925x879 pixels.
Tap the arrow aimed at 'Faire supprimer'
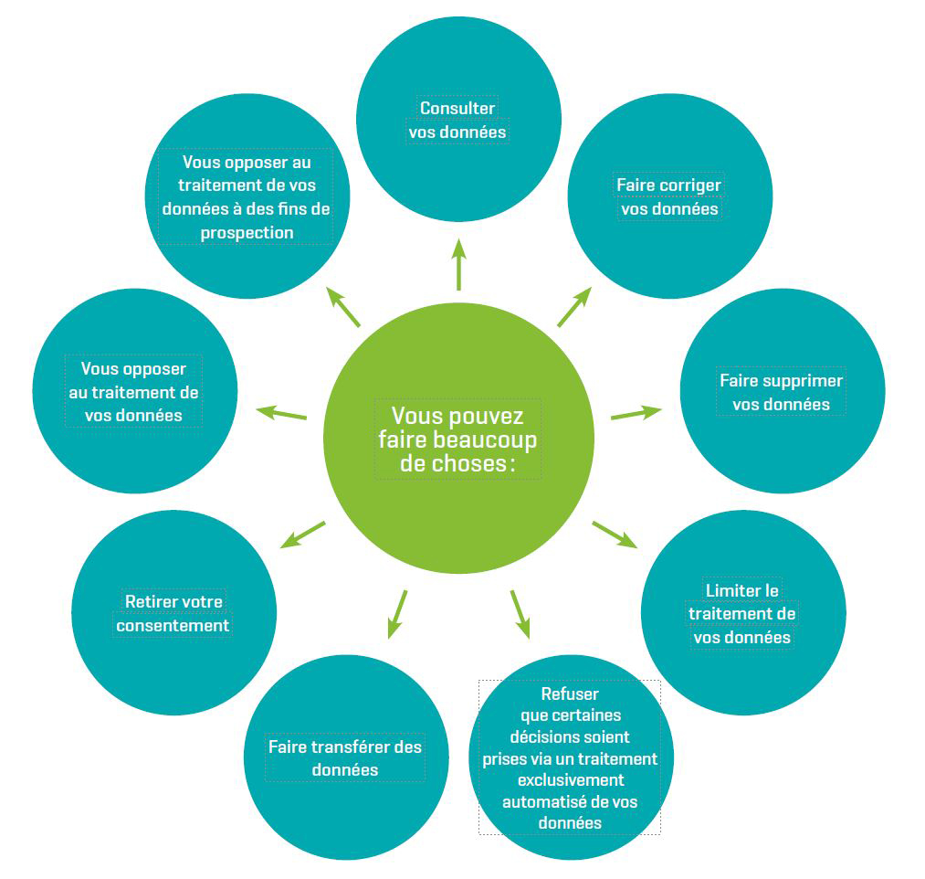tap(636, 413)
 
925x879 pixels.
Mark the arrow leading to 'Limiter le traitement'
tap(615, 535)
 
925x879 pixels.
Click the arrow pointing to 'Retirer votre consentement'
tap(302, 535)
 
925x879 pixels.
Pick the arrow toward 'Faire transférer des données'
tap(398, 613)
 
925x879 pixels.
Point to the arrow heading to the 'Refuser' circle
tap(520, 612)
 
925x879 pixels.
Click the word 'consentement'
tap(173, 626)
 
